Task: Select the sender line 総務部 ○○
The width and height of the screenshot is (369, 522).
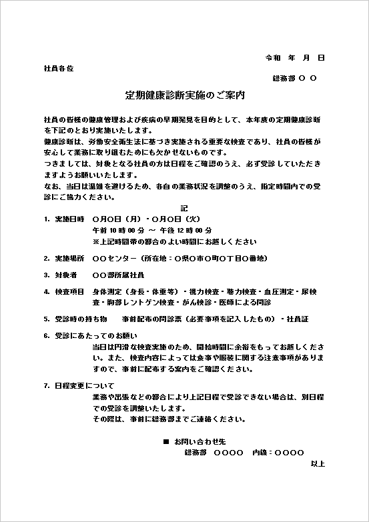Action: [x=295, y=79]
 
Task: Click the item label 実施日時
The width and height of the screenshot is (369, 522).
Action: [x=69, y=219]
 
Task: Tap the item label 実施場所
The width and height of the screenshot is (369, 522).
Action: [x=69, y=257]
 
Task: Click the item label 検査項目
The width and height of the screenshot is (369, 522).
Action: [x=69, y=291]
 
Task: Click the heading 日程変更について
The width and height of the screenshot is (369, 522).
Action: [x=80, y=385]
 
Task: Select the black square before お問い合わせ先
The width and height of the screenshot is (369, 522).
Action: [x=165, y=442]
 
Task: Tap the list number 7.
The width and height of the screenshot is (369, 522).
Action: [x=45, y=385]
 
